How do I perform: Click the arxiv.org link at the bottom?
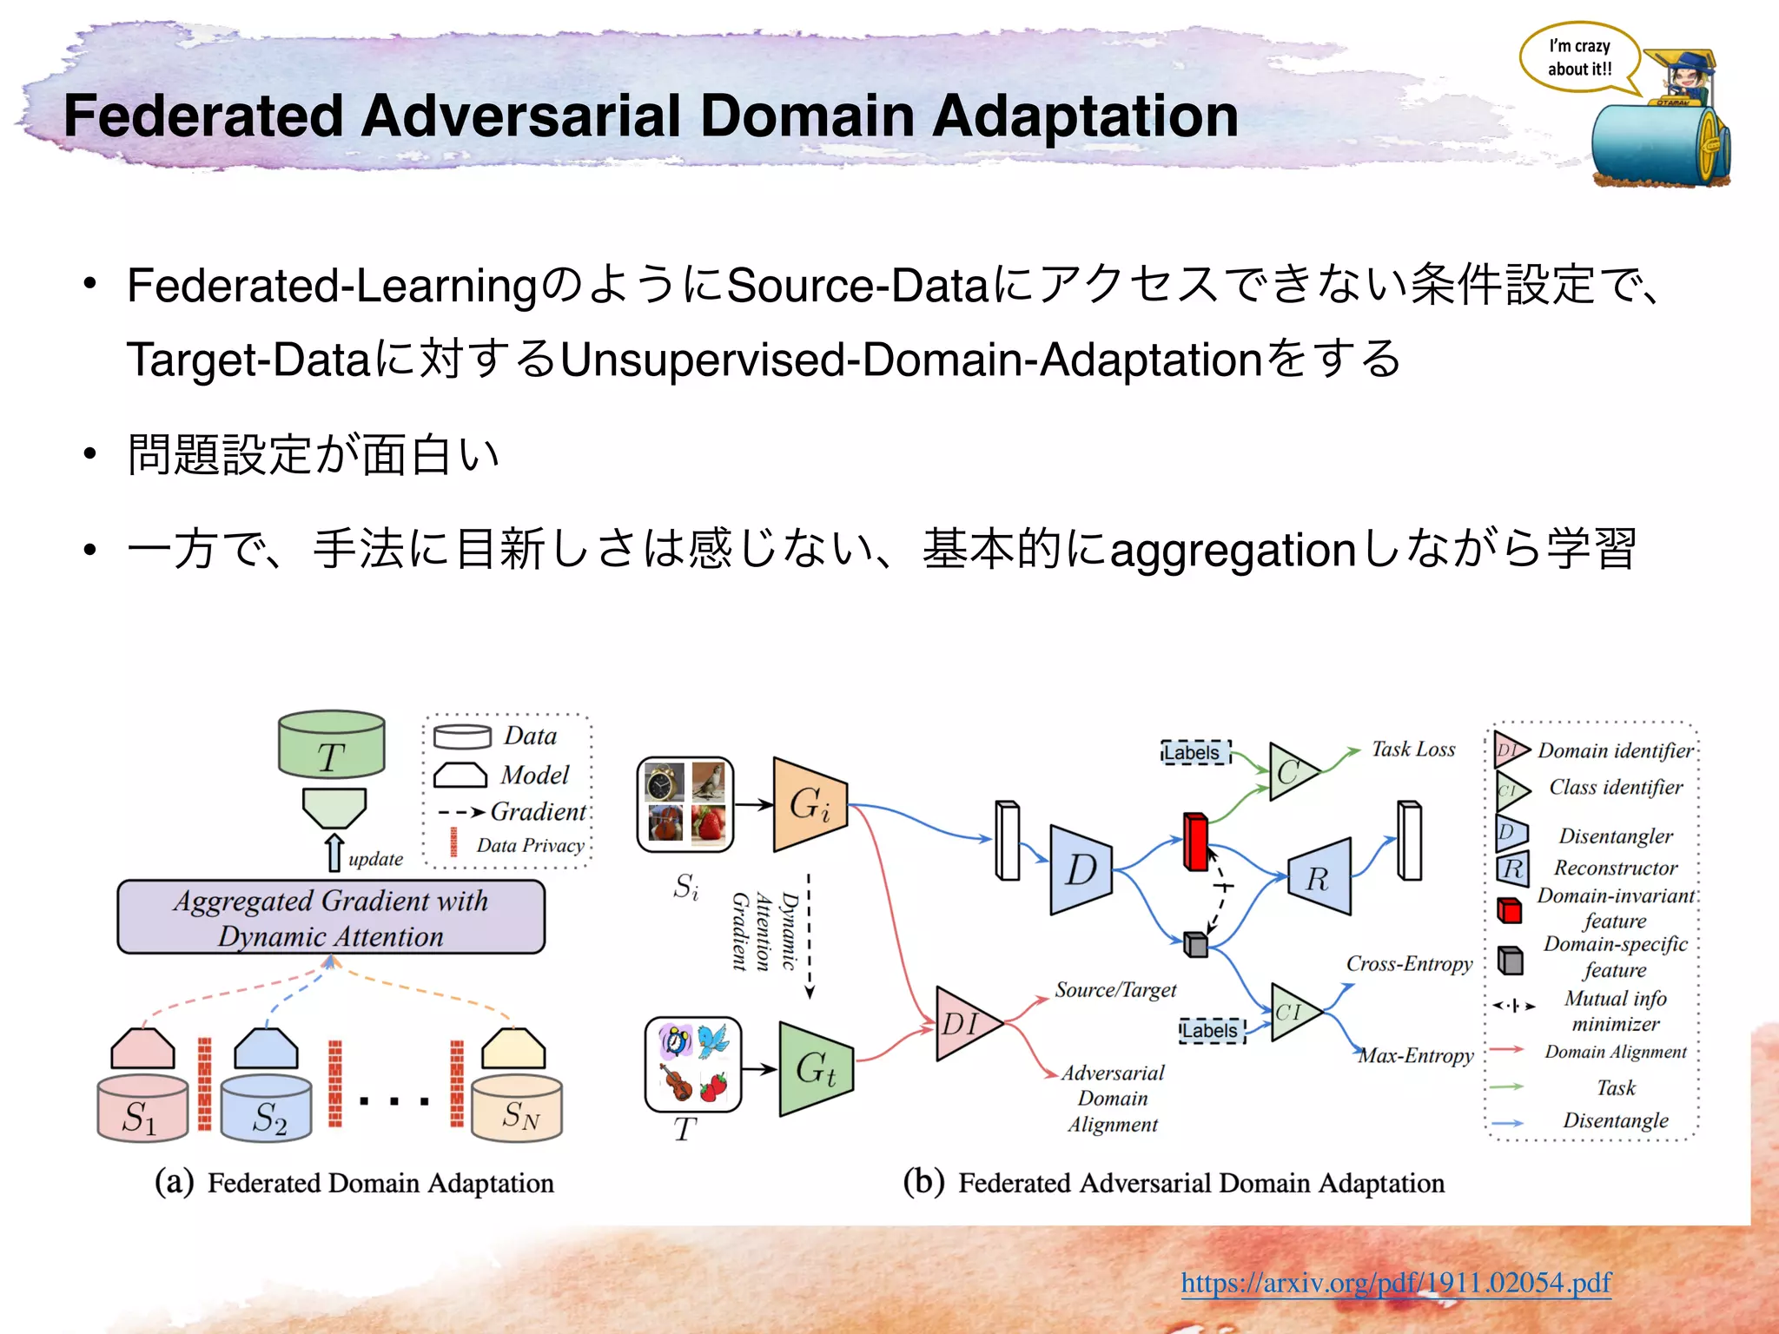1395,1282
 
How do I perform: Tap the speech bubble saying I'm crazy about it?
1578,58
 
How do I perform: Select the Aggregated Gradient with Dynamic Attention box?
331,918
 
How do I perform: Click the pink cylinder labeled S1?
142,1109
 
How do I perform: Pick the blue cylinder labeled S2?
267,1109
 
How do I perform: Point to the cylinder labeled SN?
517,1109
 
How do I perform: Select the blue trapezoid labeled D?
1080,869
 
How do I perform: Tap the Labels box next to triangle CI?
1212,1031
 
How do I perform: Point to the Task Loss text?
1412,749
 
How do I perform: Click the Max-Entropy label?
1416,1055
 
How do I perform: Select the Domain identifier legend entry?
1614,750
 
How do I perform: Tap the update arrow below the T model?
334,853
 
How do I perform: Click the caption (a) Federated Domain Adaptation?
354,1182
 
